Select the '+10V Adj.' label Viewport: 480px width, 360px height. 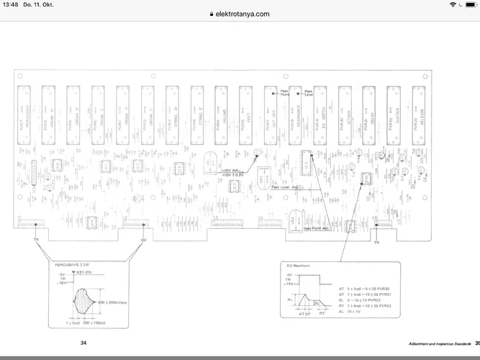point(230,171)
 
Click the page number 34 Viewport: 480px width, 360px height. point(83,343)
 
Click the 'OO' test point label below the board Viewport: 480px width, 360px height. point(142,239)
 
